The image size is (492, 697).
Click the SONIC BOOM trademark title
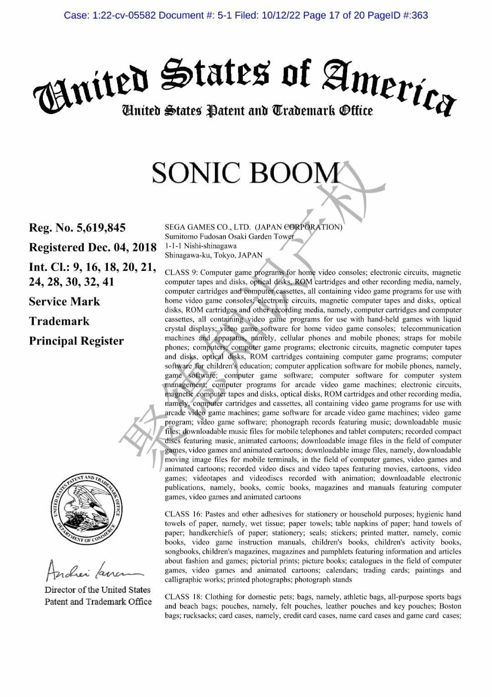246,173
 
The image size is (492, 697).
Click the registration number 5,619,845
77,228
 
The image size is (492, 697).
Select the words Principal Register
76,341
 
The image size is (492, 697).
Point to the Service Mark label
64,302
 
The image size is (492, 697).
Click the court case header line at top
246,16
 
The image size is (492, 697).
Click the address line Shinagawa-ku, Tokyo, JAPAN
214,255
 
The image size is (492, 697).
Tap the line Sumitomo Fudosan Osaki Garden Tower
229,236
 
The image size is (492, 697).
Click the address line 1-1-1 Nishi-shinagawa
200,246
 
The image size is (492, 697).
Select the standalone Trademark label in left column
59,321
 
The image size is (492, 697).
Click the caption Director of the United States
97,590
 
